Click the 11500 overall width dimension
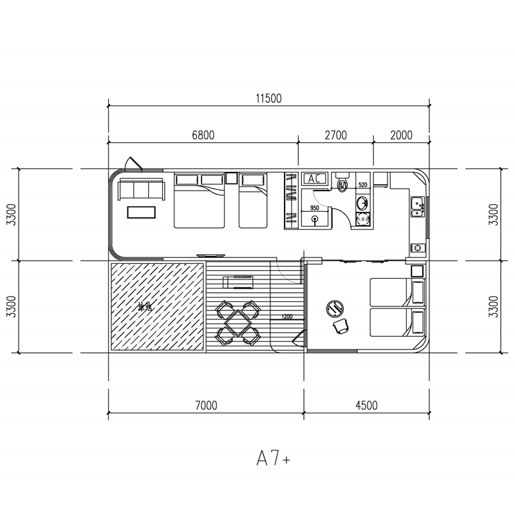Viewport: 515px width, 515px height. [x=268, y=98]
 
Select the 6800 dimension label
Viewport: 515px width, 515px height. [x=203, y=135]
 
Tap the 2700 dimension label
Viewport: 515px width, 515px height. [x=335, y=135]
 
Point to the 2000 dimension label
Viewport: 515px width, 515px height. [x=400, y=135]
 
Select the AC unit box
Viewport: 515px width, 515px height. [x=315, y=178]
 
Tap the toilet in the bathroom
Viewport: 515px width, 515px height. [x=342, y=183]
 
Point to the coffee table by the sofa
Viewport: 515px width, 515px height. [x=141, y=212]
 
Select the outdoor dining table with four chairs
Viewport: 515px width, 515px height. [x=238, y=320]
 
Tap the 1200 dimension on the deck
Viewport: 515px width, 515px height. [x=286, y=317]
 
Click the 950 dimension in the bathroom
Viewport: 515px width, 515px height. [x=315, y=208]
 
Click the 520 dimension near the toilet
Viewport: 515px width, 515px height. [x=362, y=185]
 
